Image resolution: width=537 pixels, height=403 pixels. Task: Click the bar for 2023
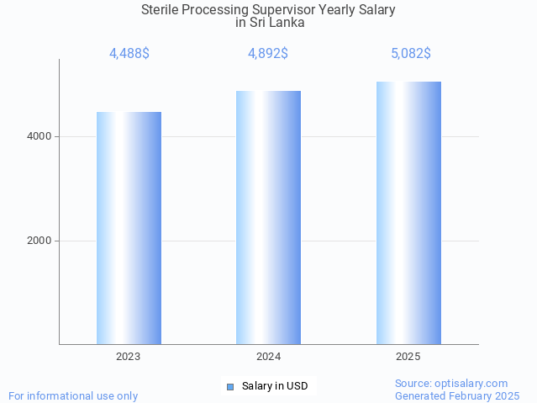129,228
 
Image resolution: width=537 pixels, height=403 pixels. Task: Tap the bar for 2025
408,213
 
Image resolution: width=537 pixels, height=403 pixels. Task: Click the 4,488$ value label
129,54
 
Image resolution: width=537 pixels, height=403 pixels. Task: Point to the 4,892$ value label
268,54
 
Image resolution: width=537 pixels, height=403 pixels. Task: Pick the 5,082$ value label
410,54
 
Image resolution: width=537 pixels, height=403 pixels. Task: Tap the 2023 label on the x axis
129,357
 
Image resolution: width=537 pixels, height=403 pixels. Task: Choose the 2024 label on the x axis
268,357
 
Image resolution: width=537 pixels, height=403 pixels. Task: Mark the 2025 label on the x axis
408,357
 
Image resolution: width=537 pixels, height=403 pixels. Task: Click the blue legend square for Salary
230,387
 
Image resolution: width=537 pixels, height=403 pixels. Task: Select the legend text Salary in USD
275,387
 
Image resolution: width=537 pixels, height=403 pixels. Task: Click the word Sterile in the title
163,10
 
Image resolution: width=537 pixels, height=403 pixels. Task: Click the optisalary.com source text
451,383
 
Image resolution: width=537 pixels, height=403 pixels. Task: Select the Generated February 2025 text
457,395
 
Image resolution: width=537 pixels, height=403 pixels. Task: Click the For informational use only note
73,395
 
